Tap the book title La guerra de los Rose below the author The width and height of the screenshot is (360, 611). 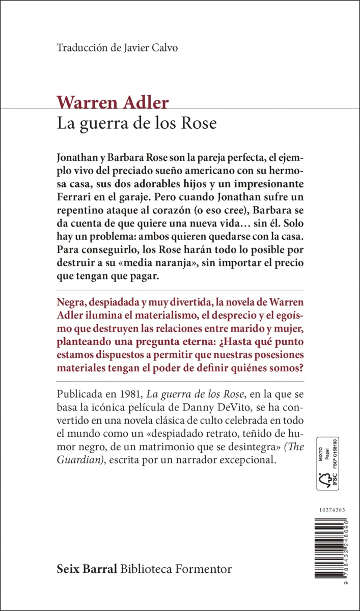(x=137, y=124)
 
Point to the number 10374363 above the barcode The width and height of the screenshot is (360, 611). (x=330, y=510)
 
